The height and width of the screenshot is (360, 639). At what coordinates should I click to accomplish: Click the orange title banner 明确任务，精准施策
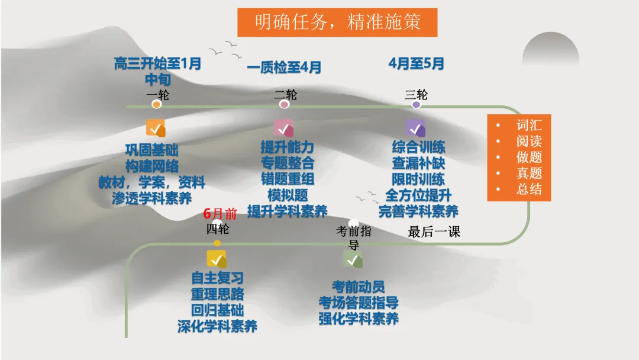coord(337,22)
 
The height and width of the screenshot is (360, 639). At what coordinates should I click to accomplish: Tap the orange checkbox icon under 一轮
coord(156,128)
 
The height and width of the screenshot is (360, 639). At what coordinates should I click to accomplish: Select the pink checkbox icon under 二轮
coord(283,128)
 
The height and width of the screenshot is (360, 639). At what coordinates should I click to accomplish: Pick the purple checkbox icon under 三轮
coord(415,128)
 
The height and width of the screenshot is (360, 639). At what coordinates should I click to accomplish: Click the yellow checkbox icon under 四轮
coord(217,259)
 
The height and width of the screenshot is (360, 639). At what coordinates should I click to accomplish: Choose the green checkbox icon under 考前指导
coord(353,259)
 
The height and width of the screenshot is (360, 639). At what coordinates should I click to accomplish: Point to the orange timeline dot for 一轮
coord(157,105)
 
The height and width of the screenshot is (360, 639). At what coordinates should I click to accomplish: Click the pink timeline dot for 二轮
coord(285,105)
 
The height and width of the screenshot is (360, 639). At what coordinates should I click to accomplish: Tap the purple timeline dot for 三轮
coord(417,105)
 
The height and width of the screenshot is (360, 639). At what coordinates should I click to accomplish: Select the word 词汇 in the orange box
coord(529,125)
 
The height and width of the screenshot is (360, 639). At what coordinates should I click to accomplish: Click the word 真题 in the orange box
coord(529,173)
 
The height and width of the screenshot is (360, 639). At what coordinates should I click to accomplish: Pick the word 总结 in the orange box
coord(529,189)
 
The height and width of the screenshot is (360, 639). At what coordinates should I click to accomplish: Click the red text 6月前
coord(220,214)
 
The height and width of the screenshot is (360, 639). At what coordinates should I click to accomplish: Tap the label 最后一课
coord(434,232)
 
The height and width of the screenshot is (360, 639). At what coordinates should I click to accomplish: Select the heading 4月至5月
coord(417,64)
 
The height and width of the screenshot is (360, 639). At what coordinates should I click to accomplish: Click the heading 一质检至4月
coord(284,67)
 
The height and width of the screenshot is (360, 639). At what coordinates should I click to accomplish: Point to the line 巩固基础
coord(152,150)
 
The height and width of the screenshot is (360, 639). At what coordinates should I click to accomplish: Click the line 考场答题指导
coord(359,303)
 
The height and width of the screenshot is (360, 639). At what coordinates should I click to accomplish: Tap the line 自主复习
coord(217,278)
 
